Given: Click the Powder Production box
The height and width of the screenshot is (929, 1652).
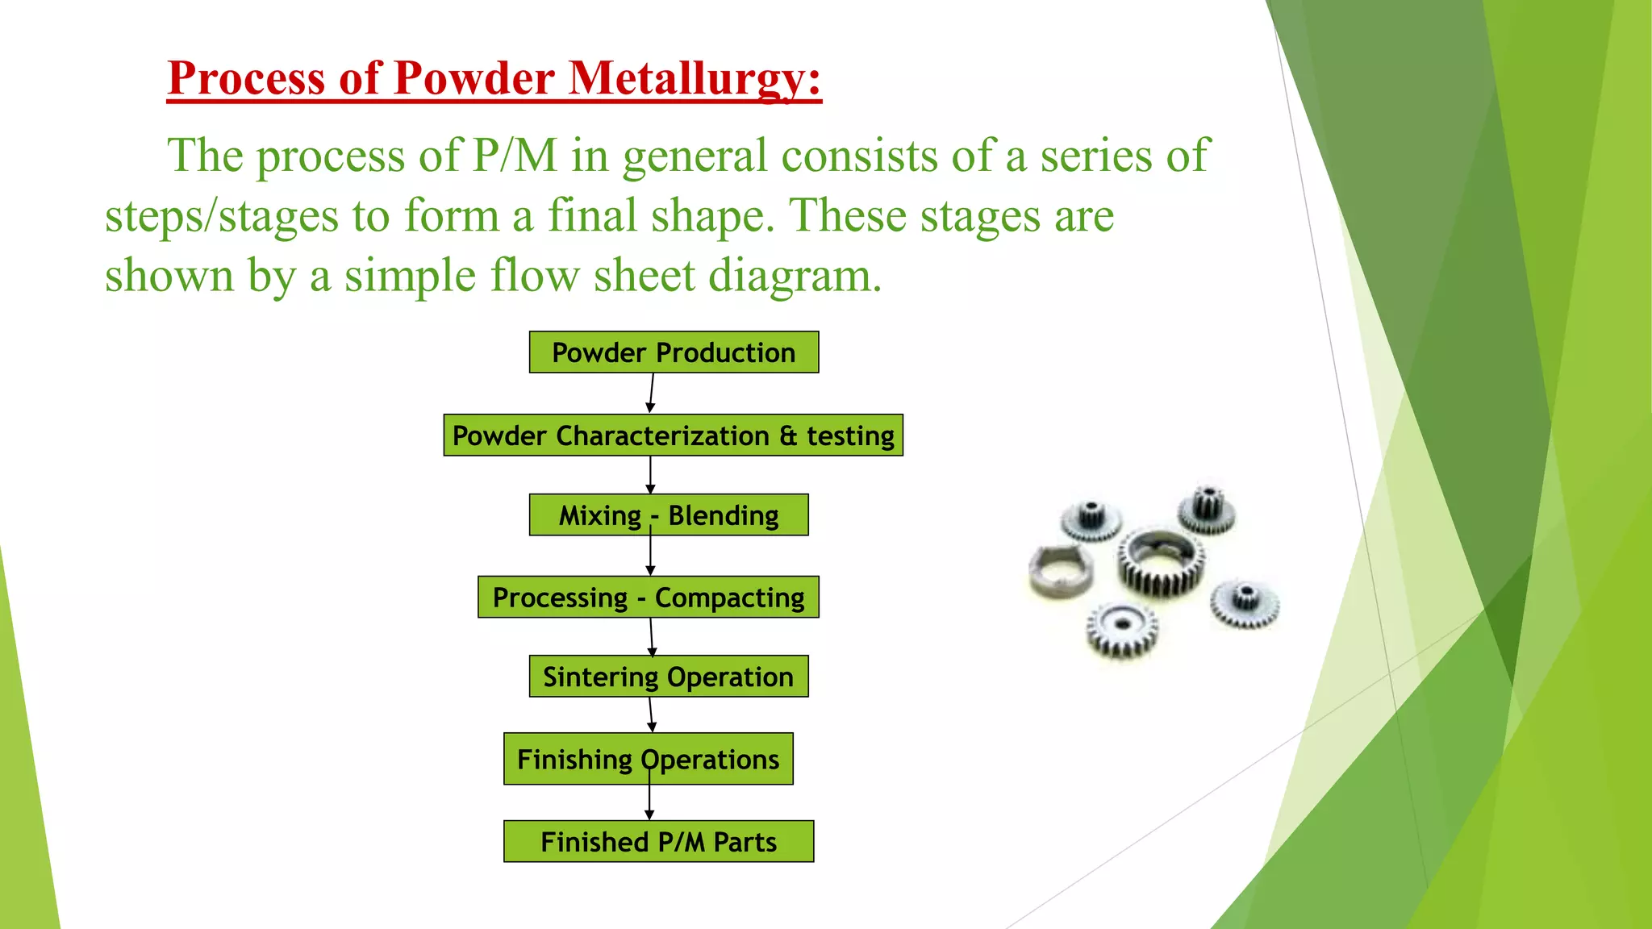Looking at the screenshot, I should [674, 352].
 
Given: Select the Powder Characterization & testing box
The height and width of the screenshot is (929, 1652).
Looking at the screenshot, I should [673, 435].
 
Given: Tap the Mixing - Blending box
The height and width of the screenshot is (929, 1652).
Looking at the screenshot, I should [669, 515].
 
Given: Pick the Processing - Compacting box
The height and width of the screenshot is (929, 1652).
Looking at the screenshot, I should [648, 598].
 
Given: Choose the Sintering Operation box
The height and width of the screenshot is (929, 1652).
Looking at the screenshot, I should [669, 677].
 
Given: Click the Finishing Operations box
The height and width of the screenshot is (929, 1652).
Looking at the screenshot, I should [648, 759].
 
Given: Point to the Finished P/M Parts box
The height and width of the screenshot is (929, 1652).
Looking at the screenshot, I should [658, 842].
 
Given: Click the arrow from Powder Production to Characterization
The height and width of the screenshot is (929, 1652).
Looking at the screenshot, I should [651, 394].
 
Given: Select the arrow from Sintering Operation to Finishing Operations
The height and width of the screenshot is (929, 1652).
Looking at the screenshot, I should [651, 715].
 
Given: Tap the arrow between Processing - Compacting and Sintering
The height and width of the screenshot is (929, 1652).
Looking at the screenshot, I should [652, 637].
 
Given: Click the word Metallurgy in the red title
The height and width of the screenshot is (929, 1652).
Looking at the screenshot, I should [694, 79].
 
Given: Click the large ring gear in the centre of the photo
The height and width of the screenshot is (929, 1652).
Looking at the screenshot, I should [1161, 562].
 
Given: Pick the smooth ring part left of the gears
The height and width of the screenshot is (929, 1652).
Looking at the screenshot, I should [1060, 571].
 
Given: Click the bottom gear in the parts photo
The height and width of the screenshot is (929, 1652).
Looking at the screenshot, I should [1122, 629].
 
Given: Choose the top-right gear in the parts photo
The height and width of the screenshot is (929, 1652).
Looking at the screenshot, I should [1206, 510].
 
